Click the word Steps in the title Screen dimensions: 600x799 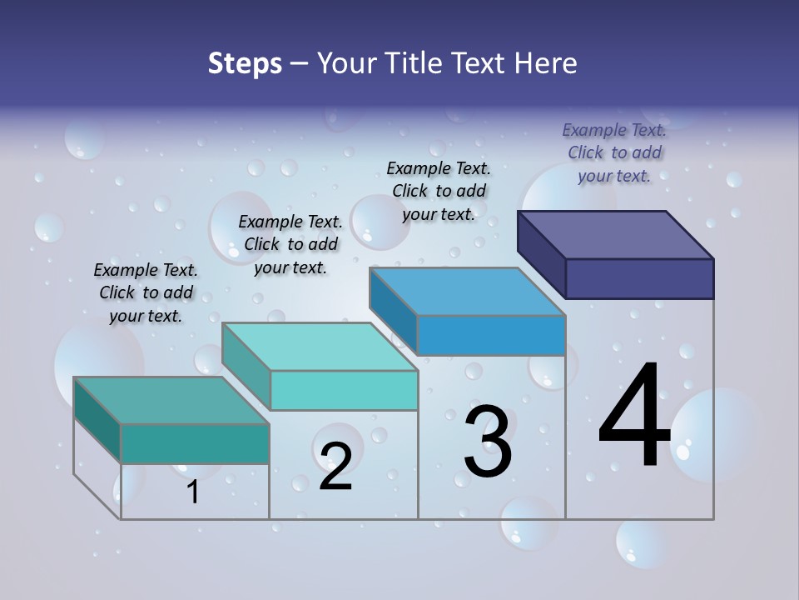point(245,63)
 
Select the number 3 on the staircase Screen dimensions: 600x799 point(488,441)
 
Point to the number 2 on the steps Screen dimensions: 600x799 point(335,466)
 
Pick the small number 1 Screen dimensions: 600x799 point(193,492)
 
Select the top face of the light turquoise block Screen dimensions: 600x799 point(320,347)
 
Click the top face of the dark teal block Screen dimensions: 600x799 point(171,401)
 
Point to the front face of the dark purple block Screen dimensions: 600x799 point(639,278)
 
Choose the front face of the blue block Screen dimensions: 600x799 point(491,335)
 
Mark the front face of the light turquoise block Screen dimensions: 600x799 point(343,390)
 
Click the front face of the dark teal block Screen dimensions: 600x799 point(195,443)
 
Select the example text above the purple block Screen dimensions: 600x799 point(614,152)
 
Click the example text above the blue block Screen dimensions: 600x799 point(439,191)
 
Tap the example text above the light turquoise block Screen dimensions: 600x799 point(290,244)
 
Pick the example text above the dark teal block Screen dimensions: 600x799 point(146,292)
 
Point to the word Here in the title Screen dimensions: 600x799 point(545,63)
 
